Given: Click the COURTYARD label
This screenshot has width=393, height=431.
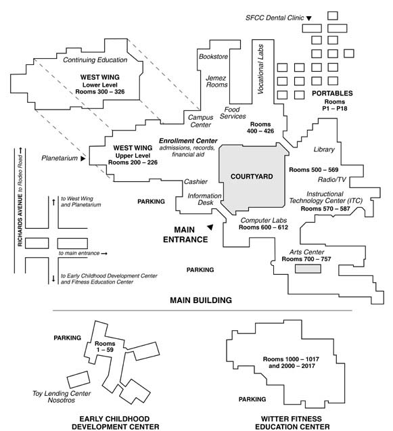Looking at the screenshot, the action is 252,177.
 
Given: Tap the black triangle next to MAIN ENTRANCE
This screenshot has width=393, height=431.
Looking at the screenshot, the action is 210,227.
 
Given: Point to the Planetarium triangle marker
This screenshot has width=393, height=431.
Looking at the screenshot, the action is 83,158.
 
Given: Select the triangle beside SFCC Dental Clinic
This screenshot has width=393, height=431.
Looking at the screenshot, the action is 309,18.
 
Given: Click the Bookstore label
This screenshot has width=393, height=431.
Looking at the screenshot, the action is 213,56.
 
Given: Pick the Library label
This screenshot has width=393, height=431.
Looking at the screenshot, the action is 324,150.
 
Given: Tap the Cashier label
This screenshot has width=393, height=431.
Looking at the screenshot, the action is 195,181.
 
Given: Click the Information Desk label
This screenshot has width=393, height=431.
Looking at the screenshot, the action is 204,199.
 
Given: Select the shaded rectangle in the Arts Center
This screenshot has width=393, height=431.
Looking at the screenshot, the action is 308,269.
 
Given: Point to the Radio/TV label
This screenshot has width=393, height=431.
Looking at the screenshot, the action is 331,179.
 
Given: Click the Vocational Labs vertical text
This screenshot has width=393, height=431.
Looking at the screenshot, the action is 260,69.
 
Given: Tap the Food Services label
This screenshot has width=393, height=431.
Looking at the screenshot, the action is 233,113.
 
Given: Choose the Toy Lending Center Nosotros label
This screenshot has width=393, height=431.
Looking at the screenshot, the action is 62,396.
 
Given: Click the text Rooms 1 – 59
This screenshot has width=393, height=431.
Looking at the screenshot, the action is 105,346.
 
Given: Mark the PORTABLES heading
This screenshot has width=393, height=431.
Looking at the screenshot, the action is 332,93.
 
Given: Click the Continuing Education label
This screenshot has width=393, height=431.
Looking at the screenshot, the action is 95,60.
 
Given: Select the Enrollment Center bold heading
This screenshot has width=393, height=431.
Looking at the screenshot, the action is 188,141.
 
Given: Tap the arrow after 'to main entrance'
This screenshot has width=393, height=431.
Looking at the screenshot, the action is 104,254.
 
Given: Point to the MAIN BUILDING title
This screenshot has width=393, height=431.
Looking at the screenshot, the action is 201,300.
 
